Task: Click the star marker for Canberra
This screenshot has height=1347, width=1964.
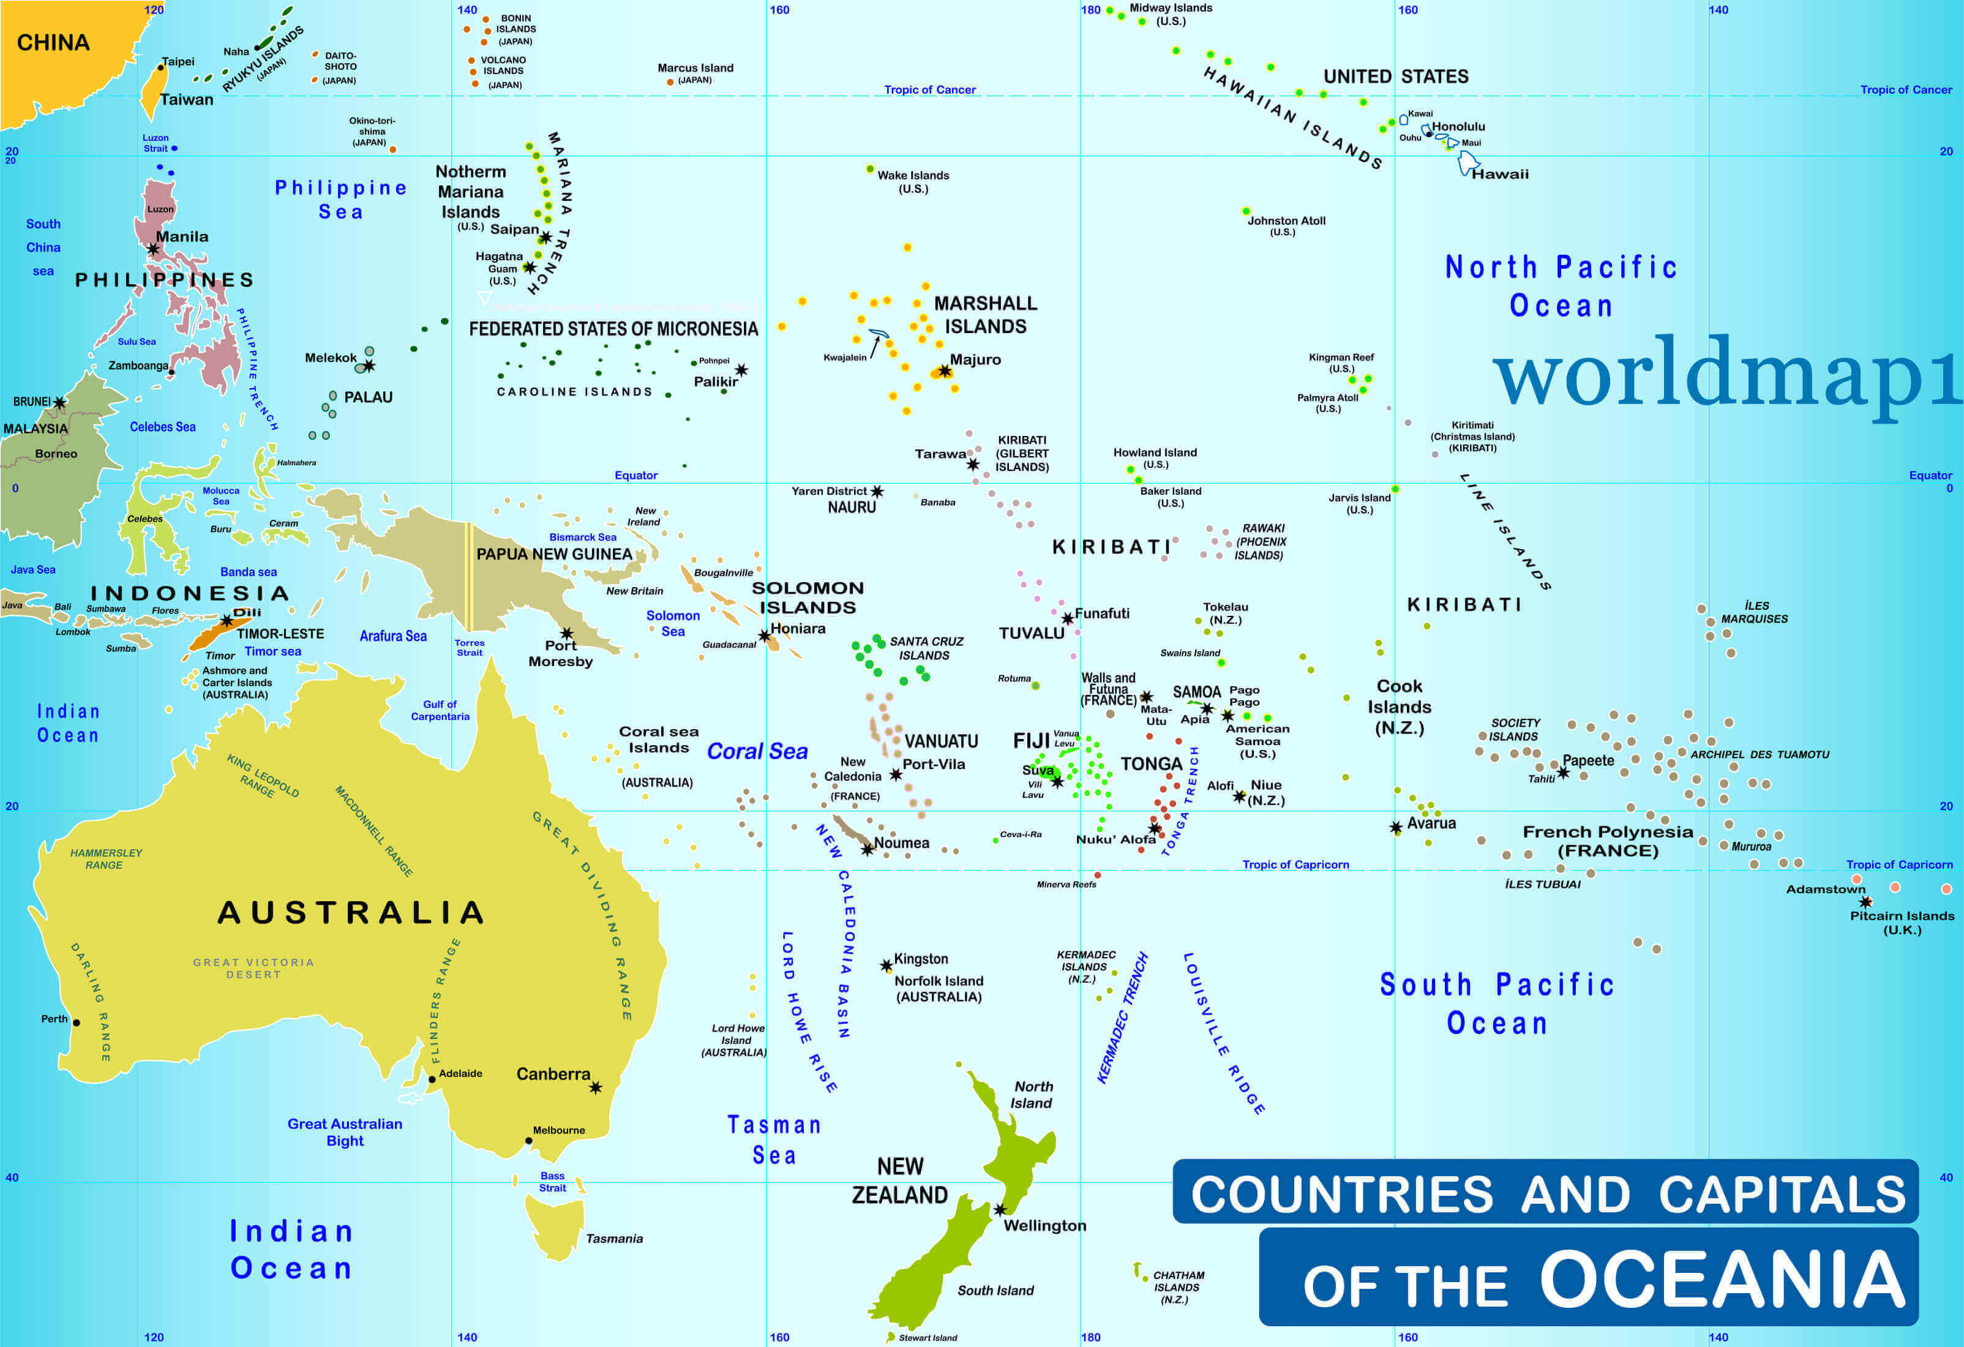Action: (x=596, y=1087)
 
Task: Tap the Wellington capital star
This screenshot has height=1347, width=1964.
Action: (x=1000, y=1209)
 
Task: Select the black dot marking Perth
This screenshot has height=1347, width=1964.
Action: (x=76, y=1022)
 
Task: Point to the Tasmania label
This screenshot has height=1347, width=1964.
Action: (x=615, y=1239)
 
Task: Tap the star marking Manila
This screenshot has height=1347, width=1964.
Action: (x=153, y=249)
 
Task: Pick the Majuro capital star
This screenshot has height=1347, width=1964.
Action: (x=945, y=371)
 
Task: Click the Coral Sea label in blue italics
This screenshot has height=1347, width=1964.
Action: (x=757, y=751)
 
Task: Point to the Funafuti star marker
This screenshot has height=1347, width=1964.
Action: (x=1067, y=618)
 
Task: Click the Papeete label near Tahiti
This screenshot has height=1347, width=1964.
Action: (x=1588, y=760)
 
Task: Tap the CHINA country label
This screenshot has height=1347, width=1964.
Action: (x=53, y=42)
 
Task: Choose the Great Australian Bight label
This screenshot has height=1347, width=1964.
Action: (x=345, y=1131)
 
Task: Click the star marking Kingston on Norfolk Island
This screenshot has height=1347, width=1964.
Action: (x=886, y=965)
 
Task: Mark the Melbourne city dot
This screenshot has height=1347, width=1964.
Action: (x=529, y=1141)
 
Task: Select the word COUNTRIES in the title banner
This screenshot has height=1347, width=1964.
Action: (x=1342, y=1193)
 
